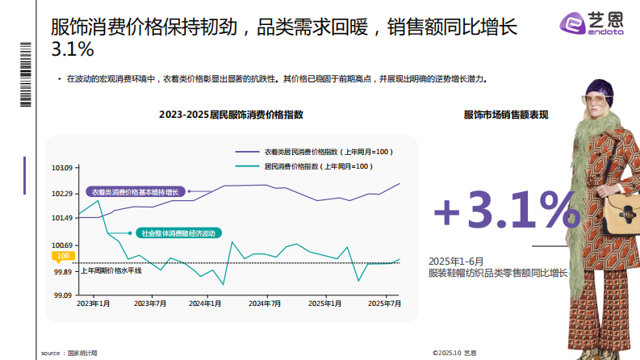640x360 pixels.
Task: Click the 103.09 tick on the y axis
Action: [x=62, y=168]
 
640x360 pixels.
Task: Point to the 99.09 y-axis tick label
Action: [x=63, y=295]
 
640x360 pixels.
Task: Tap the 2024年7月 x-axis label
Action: [x=265, y=303]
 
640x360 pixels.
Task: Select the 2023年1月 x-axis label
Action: [x=93, y=303]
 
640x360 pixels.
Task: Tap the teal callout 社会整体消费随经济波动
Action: [x=178, y=233]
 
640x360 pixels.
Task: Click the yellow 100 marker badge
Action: [x=62, y=257]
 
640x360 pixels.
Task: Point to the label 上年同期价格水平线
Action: [x=111, y=270]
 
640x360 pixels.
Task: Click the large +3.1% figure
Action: [x=506, y=210]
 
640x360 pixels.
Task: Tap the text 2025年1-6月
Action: [x=455, y=262]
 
